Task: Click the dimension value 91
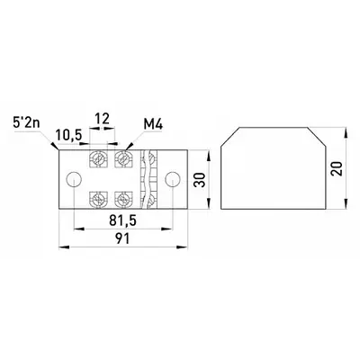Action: pyautogui.click(x=122, y=238)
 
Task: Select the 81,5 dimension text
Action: pyautogui.click(x=122, y=221)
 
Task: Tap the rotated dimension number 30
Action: pyautogui.click(x=200, y=180)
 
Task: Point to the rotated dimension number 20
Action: pyautogui.click(x=337, y=168)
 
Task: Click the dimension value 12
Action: pyautogui.click(x=102, y=119)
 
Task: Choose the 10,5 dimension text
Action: pyautogui.click(x=68, y=135)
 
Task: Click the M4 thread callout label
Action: pyautogui.click(x=153, y=125)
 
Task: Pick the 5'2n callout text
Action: pyautogui.click(x=26, y=123)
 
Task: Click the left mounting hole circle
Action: pyautogui.click(x=74, y=179)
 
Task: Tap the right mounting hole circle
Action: pyautogui.click(x=173, y=179)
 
